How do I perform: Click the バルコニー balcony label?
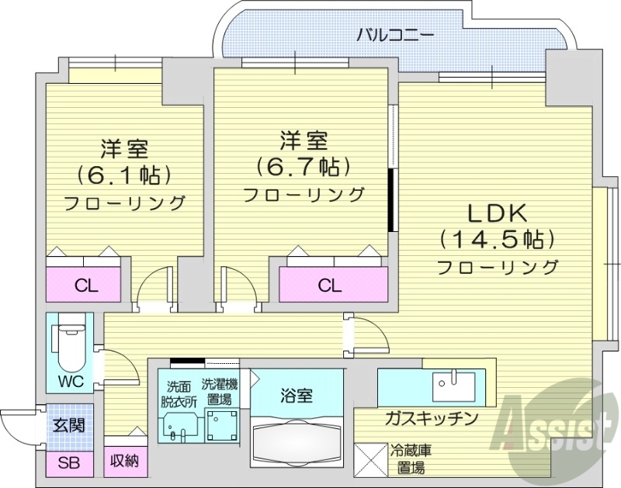tap(394, 34)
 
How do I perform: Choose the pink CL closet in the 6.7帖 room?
tap(330, 285)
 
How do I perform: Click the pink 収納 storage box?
tap(123, 461)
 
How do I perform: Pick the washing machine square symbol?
tap(221, 425)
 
